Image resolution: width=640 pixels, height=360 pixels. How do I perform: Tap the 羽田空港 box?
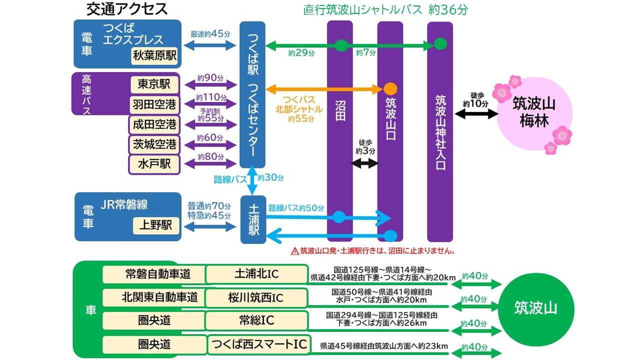154,104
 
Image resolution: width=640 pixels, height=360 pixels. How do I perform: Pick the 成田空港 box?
154,124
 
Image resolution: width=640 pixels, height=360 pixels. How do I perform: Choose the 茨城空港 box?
154,144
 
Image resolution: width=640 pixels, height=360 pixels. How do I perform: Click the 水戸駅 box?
154,164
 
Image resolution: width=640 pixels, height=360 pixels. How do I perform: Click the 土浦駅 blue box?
253,219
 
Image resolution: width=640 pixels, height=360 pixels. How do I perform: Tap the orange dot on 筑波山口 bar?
390,89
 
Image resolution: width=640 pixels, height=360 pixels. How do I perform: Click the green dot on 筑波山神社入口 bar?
440,44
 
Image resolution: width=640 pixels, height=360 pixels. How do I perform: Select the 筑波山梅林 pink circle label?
534,112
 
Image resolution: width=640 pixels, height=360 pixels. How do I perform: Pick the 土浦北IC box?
256,274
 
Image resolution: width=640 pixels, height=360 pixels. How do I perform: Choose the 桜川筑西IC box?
256,297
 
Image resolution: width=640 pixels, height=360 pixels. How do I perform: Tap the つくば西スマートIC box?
258,344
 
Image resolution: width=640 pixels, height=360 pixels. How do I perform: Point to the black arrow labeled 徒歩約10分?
476,114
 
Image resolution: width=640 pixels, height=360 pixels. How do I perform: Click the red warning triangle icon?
294,250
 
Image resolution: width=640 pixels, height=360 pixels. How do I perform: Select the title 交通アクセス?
127,9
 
